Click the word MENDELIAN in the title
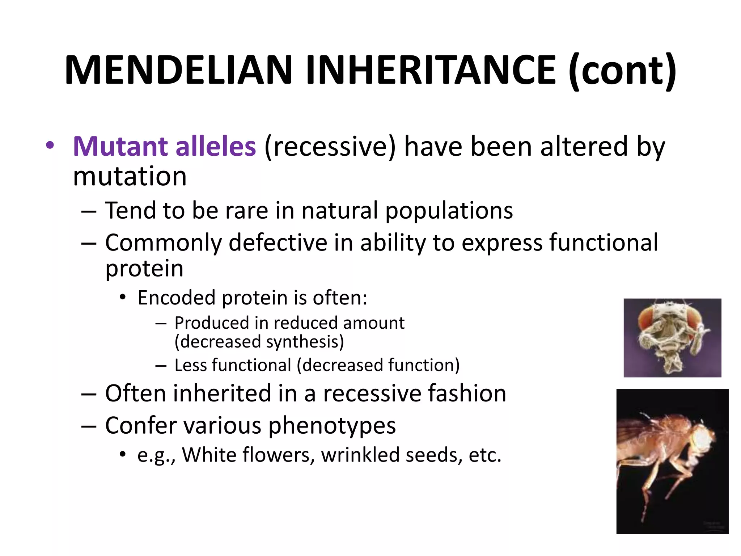[178, 70]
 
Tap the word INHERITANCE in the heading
[431, 70]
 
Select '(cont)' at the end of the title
[622, 70]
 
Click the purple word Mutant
[120, 146]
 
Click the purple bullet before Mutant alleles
[50, 146]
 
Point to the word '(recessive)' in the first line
[330, 147]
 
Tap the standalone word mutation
[130, 176]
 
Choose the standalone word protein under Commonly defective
[144, 269]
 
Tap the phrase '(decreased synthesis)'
[259, 342]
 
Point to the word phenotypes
[332, 425]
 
